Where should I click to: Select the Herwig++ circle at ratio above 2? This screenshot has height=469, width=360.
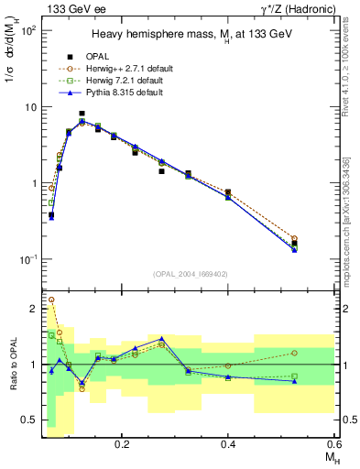[x=51, y=300]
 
